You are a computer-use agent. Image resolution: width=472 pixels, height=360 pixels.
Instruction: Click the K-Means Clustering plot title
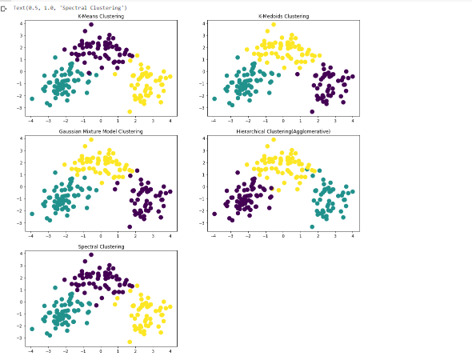pyautogui.click(x=101, y=16)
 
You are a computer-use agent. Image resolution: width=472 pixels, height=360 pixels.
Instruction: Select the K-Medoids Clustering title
pyautogui.click(x=283, y=16)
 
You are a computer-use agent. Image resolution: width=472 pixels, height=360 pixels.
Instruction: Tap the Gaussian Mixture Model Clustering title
pyautogui.click(x=101, y=131)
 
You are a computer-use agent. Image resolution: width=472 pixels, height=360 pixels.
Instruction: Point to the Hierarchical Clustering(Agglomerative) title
pyautogui.click(x=283, y=131)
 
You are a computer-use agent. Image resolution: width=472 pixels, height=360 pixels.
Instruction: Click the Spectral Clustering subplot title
pyautogui.click(x=101, y=246)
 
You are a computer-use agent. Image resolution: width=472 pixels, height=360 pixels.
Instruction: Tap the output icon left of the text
pyautogui.click(x=5, y=7)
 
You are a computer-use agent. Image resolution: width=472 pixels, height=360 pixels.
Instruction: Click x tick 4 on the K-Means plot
pyautogui.click(x=170, y=120)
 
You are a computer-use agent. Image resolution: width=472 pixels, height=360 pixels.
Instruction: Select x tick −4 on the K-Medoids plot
pyautogui.click(x=214, y=120)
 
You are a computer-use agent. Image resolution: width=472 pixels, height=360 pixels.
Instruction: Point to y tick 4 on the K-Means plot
pyautogui.click(x=24, y=24)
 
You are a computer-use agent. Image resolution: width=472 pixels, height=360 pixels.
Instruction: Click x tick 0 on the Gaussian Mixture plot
pyautogui.click(x=101, y=235)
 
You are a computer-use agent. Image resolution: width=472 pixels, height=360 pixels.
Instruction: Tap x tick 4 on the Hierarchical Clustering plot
pyautogui.click(x=353, y=235)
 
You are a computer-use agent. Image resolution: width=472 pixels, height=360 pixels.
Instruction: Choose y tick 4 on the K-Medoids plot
pyautogui.click(x=206, y=24)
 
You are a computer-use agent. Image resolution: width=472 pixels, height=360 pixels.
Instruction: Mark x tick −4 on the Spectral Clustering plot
pyautogui.click(x=31, y=350)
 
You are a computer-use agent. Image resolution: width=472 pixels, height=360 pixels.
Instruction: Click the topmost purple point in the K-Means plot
pyautogui.click(x=91, y=25)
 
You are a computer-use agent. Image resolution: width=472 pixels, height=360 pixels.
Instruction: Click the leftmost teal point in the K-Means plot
pyautogui.click(x=32, y=98)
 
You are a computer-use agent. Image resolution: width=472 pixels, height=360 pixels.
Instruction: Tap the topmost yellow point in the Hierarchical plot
pyautogui.click(x=274, y=140)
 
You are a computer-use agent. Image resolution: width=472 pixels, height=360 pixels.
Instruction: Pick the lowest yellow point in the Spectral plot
pyautogui.click(x=130, y=342)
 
